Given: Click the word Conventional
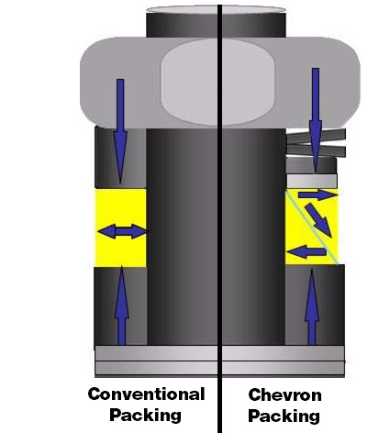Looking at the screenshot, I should [x=146, y=394].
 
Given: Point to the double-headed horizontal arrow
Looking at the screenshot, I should [x=121, y=231].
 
